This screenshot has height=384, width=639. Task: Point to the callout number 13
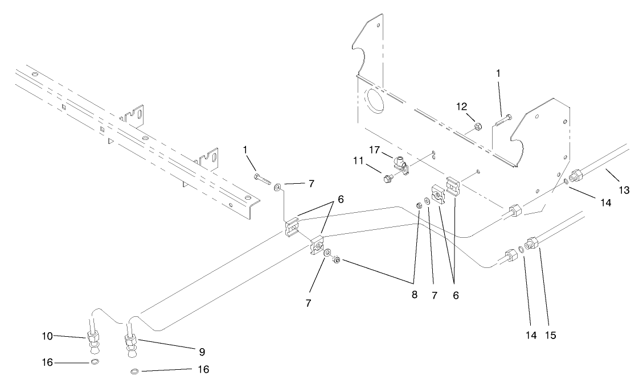[x=624, y=190]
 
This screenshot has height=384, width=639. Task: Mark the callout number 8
[x=415, y=296]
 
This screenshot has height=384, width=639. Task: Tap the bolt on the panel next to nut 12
[x=503, y=120]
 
